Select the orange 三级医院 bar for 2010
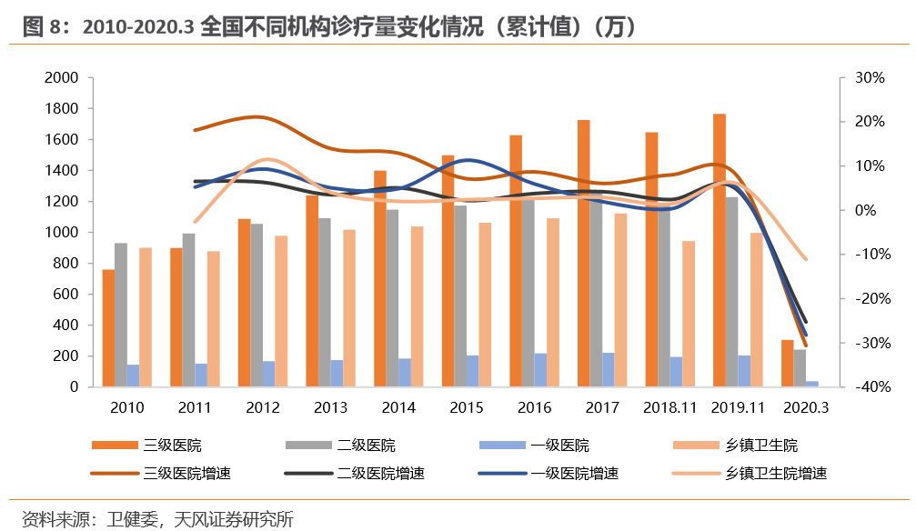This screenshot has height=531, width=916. pos(108,328)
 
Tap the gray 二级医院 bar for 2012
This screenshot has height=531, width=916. pos(257,305)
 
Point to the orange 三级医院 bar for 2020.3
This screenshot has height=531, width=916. pos(787,364)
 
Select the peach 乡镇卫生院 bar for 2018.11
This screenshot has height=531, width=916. pos(689,314)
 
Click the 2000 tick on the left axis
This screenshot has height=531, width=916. pos(61,78)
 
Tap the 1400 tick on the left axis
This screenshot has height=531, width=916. pos(61,171)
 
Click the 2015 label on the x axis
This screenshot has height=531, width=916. pos(467,407)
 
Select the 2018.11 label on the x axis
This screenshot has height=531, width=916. pos(670,407)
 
